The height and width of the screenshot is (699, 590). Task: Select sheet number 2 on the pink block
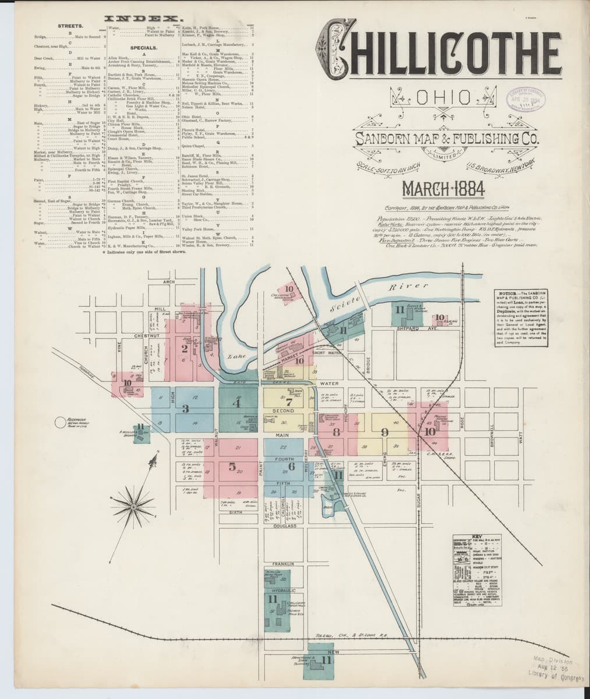pyautogui.click(x=185, y=349)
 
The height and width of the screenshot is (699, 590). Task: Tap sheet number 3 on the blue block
pyautogui.click(x=186, y=409)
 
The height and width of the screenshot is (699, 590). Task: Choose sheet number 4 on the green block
pyautogui.click(x=236, y=403)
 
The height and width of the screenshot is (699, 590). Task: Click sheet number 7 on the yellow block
pyautogui.click(x=288, y=401)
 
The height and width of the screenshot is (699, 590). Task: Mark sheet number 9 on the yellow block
pyautogui.click(x=384, y=432)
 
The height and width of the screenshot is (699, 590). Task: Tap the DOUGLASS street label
pyautogui.click(x=284, y=526)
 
